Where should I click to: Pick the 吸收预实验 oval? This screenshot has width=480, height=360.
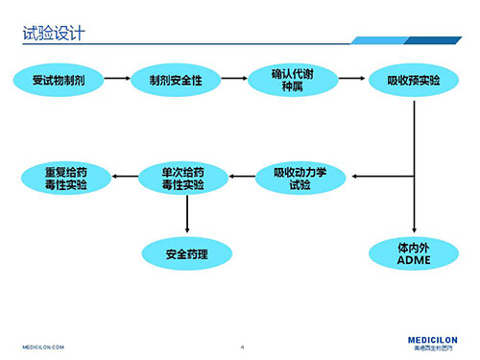click(x=413, y=78)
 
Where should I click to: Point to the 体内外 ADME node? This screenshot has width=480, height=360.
click(x=413, y=254)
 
